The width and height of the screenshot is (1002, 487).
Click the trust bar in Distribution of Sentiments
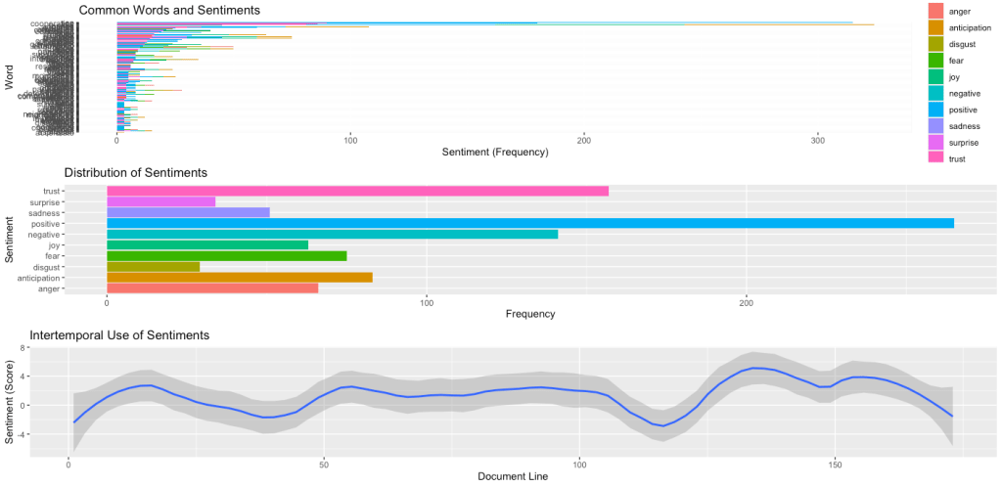tap(357, 191)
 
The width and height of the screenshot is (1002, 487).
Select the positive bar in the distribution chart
tap(529, 224)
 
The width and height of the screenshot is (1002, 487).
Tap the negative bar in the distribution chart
tap(332, 235)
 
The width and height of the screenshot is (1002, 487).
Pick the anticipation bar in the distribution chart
tap(239, 278)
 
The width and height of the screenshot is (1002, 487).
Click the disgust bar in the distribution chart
tap(153, 267)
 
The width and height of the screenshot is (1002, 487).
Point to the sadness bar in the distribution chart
tap(188, 212)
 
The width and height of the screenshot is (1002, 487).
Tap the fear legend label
tap(957, 61)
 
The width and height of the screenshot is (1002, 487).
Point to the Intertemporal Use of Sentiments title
tap(120, 335)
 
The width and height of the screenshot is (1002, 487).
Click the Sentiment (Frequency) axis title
tap(495, 153)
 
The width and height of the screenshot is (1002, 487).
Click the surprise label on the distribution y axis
tap(75, 201)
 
